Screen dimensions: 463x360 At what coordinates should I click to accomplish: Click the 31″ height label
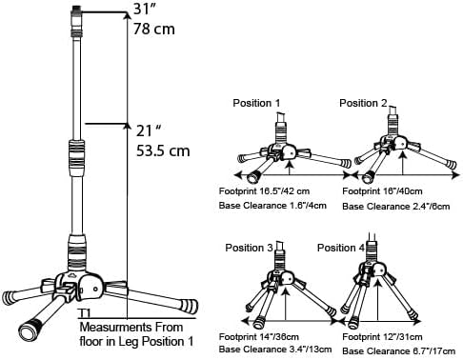click(146, 9)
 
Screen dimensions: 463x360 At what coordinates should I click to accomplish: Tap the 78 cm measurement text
click(154, 29)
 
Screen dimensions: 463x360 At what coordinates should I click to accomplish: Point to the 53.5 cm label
click(163, 150)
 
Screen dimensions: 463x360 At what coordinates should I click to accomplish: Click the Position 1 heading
click(256, 103)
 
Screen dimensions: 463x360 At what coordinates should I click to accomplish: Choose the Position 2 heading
click(363, 103)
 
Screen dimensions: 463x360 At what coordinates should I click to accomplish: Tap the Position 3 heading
click(249, 248)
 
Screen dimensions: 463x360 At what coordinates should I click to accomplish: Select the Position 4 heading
click(341, 248)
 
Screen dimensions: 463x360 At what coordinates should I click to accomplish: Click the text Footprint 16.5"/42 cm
click(264, 191)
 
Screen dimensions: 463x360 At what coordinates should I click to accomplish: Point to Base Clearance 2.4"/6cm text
click(396, 207)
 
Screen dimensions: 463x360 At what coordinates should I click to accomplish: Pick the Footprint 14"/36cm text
click(259, 336)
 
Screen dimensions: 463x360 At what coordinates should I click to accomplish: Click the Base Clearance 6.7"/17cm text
click(398, 351)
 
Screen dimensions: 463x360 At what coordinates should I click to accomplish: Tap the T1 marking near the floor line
click(85, 313)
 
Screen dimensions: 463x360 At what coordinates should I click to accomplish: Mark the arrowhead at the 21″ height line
click(128, 126)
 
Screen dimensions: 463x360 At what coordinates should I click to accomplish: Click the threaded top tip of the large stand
click(76, 10)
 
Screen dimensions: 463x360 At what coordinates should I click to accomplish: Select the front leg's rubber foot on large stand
click(30, 330)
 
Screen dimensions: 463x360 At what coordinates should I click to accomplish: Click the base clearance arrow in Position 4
click(378, 299)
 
